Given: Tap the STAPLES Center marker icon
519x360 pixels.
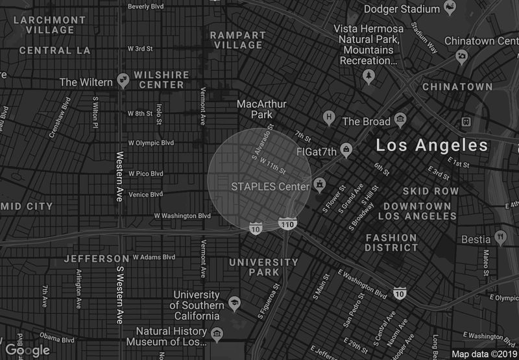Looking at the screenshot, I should click(319, 186).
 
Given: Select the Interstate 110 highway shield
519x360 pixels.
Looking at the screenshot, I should click(288, 224).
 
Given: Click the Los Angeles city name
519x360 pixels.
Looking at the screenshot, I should click(431, 146).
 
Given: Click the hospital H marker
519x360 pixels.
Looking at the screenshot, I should click(330, 118).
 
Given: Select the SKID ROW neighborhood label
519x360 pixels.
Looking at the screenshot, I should click(430, 191).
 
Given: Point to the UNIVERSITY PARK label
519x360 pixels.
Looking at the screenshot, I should click(264, 267).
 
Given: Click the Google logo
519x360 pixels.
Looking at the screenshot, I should click(28, 350).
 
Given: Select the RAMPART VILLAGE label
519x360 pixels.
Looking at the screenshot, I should click(238, 40).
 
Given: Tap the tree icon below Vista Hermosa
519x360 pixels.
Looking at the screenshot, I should click(369, 77).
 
